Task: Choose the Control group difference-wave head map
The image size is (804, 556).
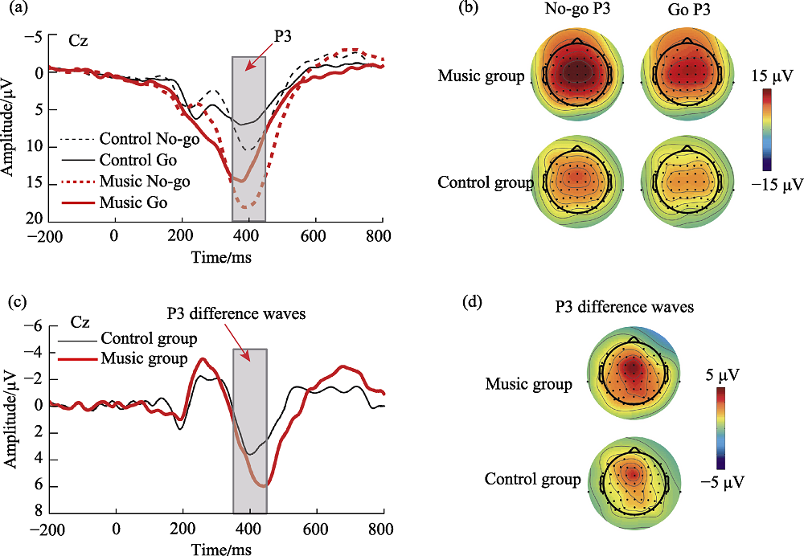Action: click(x=634, y=481)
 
